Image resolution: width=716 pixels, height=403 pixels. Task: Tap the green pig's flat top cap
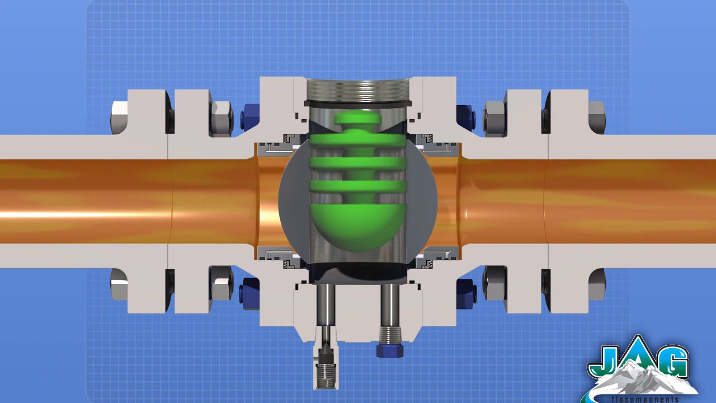click(358, 119)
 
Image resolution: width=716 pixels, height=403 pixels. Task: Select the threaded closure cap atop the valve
click(358, 90)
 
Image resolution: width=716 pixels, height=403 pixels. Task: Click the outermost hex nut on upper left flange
click(119, 118)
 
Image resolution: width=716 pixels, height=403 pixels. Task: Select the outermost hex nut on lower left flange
click(119, 284)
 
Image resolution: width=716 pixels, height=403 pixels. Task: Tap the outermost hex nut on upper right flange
click(597, 118)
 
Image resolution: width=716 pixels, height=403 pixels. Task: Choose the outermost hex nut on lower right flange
click(597, 284)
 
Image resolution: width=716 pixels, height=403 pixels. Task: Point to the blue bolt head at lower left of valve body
click(249, 290)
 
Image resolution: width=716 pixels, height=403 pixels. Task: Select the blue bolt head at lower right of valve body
click(465, 290)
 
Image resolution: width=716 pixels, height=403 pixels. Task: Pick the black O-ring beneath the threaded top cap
click(358, 105)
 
